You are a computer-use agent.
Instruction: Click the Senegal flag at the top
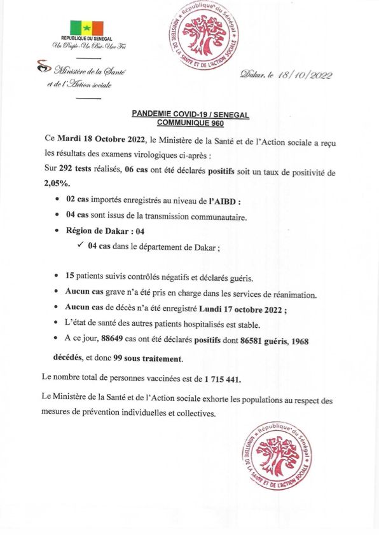pyautogui.click(x=86, y=28)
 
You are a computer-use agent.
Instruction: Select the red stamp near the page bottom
pyautogui.click(x=277, y=457)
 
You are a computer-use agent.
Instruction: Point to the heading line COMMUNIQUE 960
pyautogui.click(x=190, y=125)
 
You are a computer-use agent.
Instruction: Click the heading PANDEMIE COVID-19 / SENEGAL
pyautogui.click(x=190, y=116)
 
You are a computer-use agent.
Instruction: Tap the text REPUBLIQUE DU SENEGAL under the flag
pyautogui.click(x=86, y=39)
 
